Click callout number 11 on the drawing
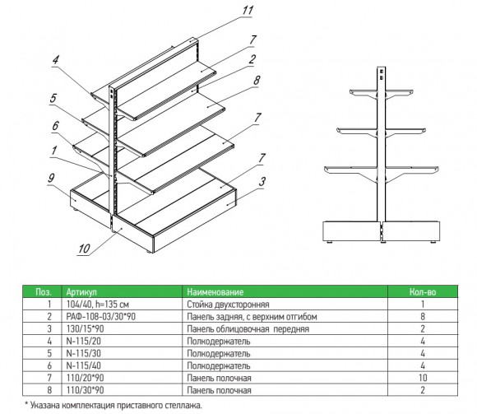click(248, 11)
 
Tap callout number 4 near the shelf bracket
click(55, 59)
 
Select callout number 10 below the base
click(84, 249)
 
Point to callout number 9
click(51, 178)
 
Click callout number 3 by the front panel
click(262, 182)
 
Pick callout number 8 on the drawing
click(257, 81)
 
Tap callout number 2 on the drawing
click(252, 59)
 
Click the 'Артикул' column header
click(81, 292)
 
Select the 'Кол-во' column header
click(423, 292)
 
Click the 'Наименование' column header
click(215, 292)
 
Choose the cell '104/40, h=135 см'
click(97, 304)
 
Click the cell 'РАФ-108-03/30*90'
click(100, 317)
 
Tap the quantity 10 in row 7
click(423, 378)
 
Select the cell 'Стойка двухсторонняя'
click(228, 305)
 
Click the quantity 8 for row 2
click(423, 317)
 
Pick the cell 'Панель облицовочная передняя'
click(248, 329)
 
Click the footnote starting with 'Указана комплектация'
click(113, 406)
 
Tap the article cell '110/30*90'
click(85, 390)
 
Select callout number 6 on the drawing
click(55, 126)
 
